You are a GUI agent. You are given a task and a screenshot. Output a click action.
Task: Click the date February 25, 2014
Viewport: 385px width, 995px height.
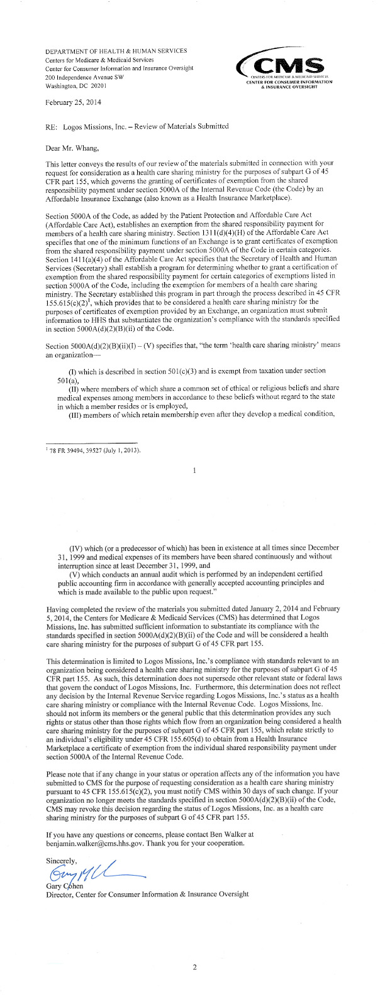point(74,102)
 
